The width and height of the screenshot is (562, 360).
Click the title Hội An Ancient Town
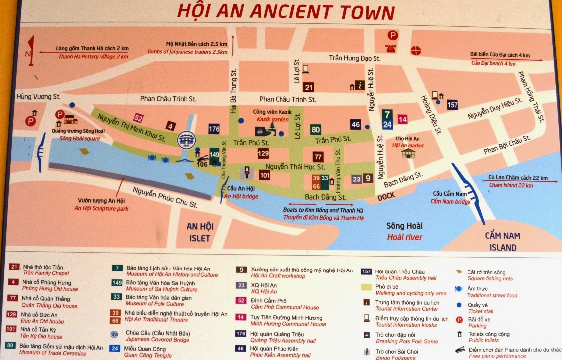[x=285, y=12]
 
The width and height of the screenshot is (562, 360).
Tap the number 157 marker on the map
[x=452, y=105]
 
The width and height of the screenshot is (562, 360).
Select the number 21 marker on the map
[x=309, y=88]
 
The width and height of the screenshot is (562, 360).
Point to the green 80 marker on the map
[x=316, y=130]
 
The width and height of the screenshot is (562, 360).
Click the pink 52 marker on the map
[x=139, y=118]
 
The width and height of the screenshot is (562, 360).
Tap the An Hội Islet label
[x=199, y=232]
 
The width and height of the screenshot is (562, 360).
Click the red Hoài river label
[x=405, y=237]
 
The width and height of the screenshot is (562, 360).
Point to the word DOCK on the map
[x=386, y=197]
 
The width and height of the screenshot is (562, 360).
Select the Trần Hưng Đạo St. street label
[x=355, y=58]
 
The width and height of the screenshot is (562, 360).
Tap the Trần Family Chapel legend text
[x=43, y=273]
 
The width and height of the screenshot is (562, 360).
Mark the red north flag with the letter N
[x=31, y=50]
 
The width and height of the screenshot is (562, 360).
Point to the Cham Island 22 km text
[x=511, y=185]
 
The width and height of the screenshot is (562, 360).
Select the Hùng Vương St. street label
[x=38, y=96]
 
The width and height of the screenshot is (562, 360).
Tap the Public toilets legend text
[x=484, y=341]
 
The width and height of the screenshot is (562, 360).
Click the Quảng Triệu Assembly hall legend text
[x=283, y=341]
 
